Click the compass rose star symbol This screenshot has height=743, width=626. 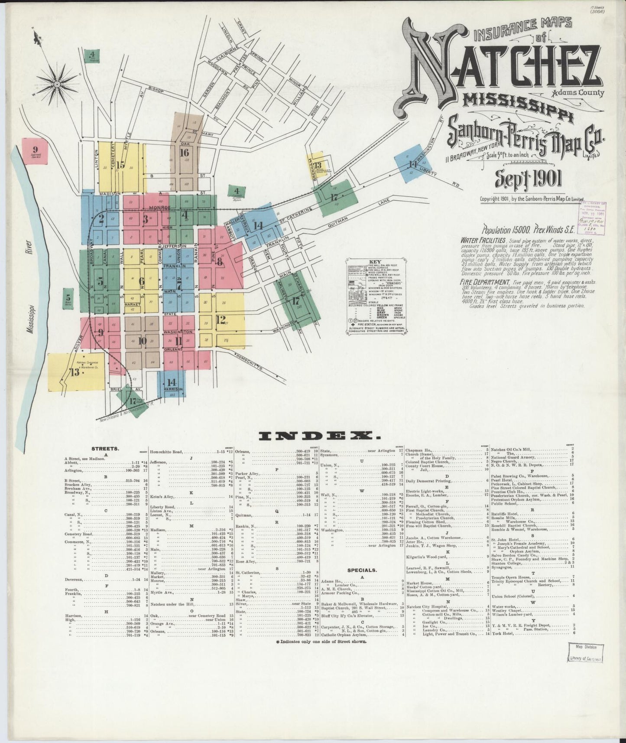pyautogui.click(x=57, y=82)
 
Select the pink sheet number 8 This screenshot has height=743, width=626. pyautogui.click(x=220, y=262)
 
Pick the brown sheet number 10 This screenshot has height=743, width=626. pyautogui.click(x=143, y=341)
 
